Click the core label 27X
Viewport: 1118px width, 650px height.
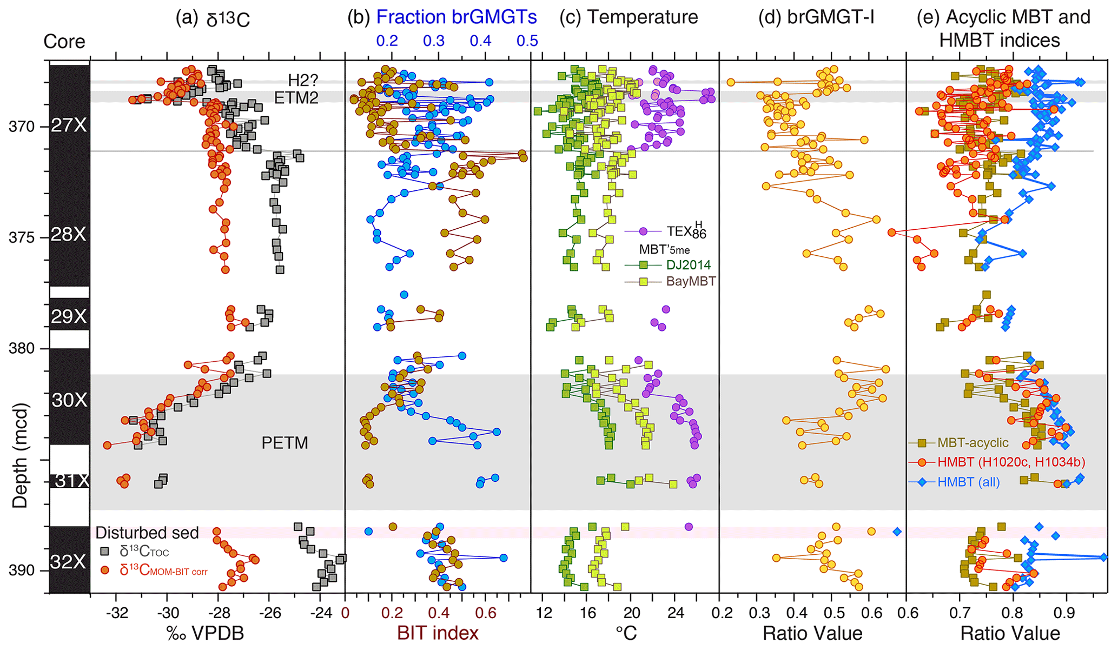(x=69, y=126)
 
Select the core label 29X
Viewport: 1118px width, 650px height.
(x=69, y=316)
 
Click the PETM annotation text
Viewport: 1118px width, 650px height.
(x=285, y=443)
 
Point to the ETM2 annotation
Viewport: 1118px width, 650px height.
(x=296, y=98)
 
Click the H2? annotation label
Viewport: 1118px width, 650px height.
(x=303, y=81)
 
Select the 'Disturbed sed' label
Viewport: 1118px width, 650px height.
(x=147, y=533)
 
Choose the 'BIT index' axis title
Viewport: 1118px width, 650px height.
(x=438, y=633)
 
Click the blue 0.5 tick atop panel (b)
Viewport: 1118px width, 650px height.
(x=527, y=41)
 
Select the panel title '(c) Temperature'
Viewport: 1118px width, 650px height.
(x=629, y=17)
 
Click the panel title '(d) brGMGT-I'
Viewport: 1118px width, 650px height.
(x=816, y=17)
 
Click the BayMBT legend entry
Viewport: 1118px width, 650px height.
(x=691, y=281)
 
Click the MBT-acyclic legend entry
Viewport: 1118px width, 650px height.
(x=973, y=443)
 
